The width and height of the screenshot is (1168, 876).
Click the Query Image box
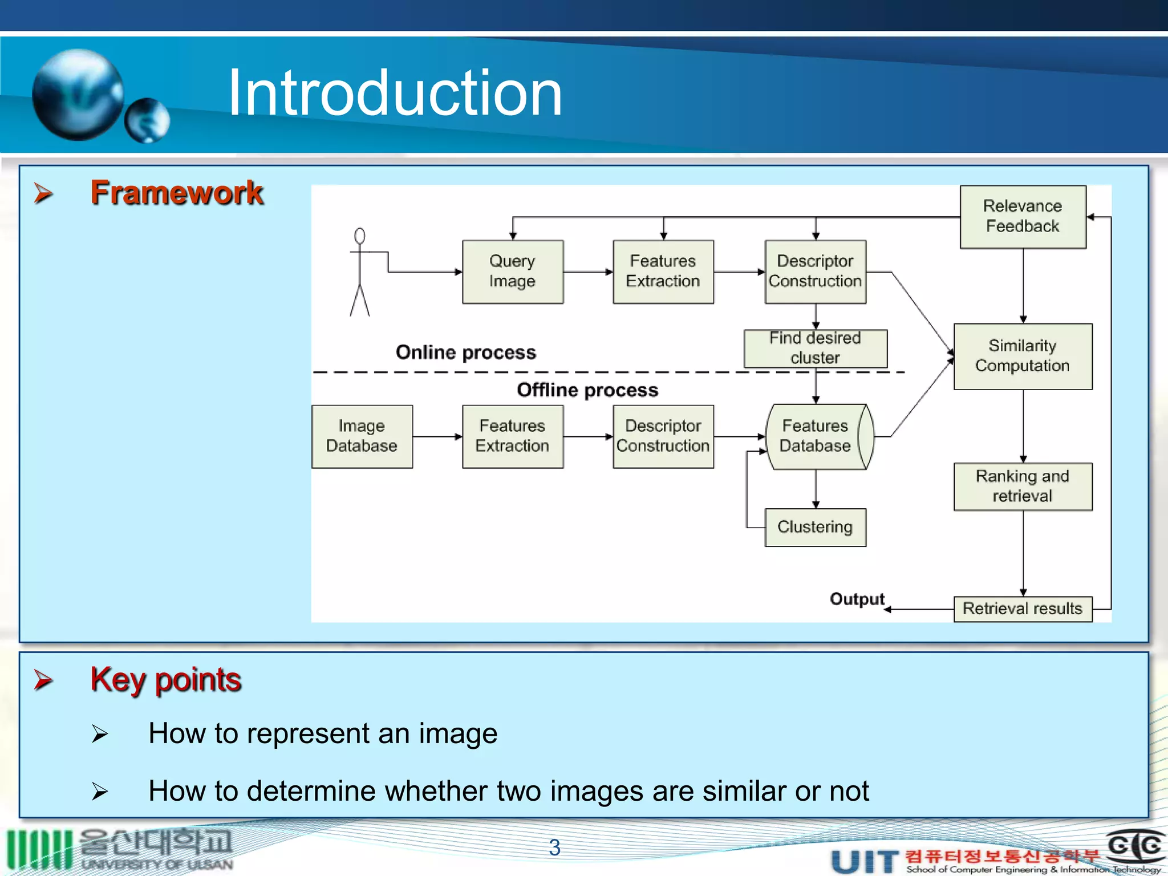512,271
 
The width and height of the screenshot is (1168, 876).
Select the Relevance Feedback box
1023,216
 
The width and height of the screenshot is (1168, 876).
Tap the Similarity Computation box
1023,356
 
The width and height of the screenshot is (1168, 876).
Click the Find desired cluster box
815,348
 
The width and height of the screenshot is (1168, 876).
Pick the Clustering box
815,527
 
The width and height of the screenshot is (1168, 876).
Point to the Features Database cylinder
815,436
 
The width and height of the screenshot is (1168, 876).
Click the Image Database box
362,436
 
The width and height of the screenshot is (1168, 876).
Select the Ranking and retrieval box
1023,486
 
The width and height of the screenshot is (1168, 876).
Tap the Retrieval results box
1023,609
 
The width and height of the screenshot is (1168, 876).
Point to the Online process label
466,352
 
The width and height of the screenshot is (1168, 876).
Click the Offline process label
587,390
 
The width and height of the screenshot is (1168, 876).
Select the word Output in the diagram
857,599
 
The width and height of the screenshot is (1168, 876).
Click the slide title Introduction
395,92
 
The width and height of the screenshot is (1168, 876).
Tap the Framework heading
177,193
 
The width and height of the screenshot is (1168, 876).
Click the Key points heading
166,679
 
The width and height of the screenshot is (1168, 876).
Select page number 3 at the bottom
554,847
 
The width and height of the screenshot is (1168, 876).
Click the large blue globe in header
78,95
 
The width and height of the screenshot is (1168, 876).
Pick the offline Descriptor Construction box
663,436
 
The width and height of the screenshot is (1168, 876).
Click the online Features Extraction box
663,271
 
